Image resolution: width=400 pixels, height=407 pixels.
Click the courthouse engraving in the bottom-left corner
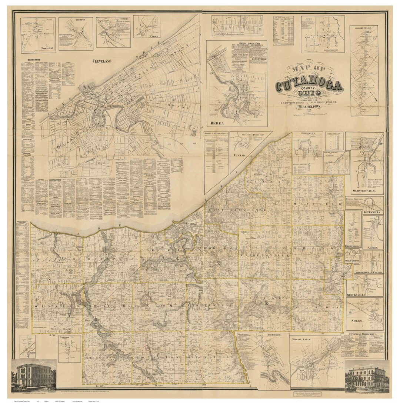34,376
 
